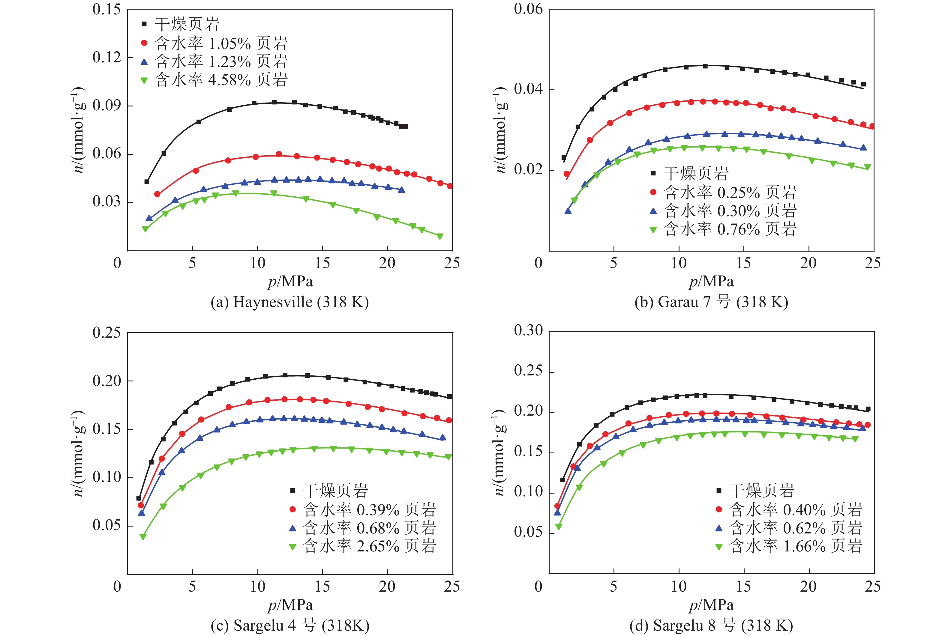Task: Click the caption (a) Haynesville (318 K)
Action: coord(289,302)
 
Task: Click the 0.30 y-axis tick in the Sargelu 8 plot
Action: coord(528,330)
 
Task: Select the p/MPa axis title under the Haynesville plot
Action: coord(290,281)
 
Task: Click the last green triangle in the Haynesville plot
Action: coord(440,236)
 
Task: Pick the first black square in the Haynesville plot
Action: coord(147,182)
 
